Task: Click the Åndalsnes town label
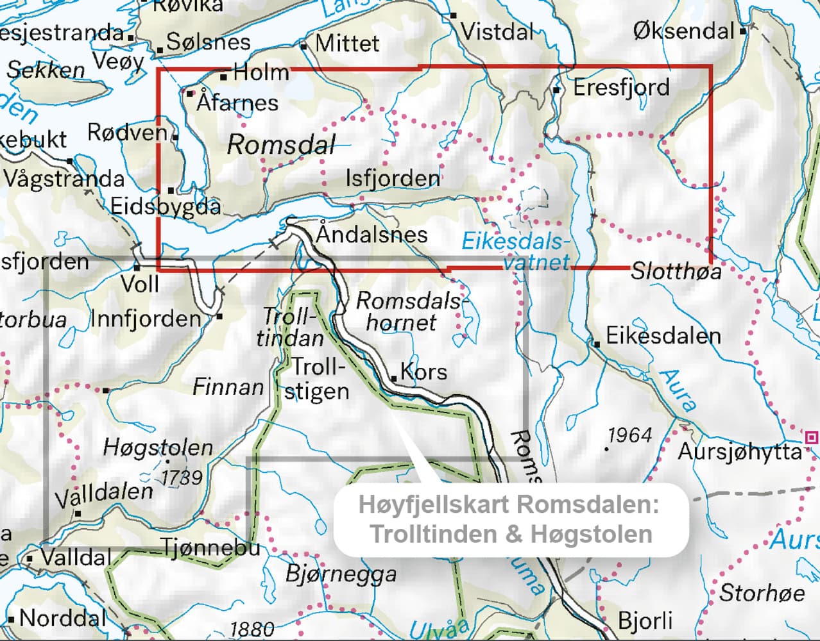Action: [372, 234]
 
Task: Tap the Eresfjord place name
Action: [620, 87]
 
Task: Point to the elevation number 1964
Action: [629, 436]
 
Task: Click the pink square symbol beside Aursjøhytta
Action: [812, 438]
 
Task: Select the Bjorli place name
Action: [645, 620]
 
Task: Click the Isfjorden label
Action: [393, 178]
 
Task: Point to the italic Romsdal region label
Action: [281, 145]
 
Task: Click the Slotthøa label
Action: [676, 271]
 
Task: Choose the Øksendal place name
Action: [683, 30]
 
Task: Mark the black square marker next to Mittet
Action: [304, 46]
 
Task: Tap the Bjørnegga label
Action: [341, 574]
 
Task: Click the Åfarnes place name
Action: [237, 103]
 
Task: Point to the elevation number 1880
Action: [252, 629]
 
